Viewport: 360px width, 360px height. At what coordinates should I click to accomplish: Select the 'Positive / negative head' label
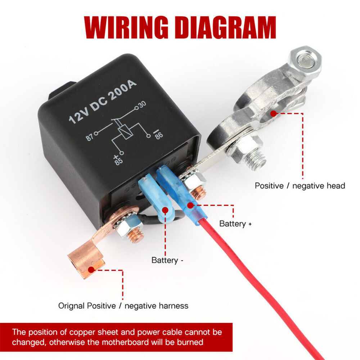point(300,186)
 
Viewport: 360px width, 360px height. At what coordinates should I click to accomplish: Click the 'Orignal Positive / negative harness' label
point(123,306)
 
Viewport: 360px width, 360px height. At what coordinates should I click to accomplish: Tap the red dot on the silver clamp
point(274,113)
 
